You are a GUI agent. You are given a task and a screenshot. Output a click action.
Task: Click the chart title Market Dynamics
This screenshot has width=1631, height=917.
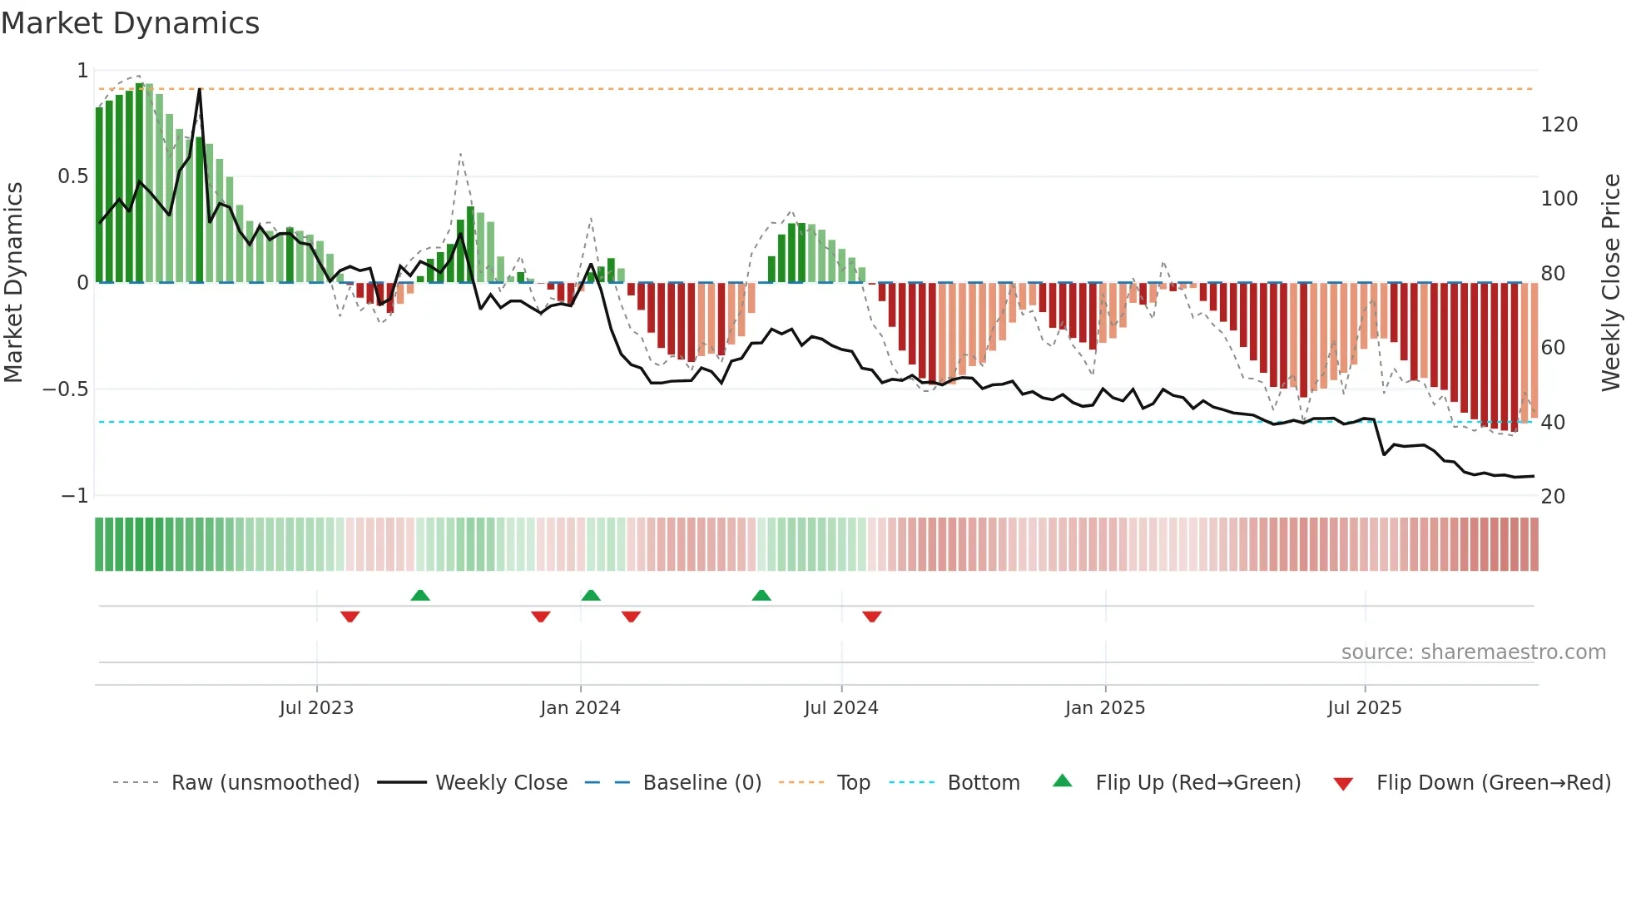coord(131,23)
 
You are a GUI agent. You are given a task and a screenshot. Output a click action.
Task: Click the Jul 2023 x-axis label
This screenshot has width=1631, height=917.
coord(316,708)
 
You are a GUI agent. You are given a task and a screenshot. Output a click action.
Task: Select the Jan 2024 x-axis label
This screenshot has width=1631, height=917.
coord(580,708)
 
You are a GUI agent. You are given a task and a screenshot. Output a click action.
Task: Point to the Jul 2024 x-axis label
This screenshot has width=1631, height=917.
coord(841,708)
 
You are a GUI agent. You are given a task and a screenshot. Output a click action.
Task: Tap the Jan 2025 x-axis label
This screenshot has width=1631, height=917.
coord(1105,708)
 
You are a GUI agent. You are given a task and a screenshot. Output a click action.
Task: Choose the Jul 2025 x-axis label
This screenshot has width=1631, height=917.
coord(1365,708)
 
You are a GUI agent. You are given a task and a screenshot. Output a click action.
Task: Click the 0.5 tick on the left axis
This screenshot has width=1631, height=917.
coord(72,176)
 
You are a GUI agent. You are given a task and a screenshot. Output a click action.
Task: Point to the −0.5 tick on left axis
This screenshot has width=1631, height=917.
coord(66,389)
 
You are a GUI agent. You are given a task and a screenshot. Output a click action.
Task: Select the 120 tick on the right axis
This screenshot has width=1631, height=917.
coord(1559,125)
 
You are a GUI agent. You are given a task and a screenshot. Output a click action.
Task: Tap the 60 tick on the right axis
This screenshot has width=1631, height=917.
coord(1553,348)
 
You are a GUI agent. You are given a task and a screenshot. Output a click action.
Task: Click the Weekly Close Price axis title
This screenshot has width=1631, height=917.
coord(1611,283)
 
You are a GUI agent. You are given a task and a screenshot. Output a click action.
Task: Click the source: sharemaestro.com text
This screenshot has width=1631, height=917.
coord(1473,652)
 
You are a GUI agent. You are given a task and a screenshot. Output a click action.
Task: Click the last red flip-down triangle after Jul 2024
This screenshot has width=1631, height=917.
coord(871,617)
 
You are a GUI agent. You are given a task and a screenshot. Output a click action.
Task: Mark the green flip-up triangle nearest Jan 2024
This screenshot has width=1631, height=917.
coord(591,596)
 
